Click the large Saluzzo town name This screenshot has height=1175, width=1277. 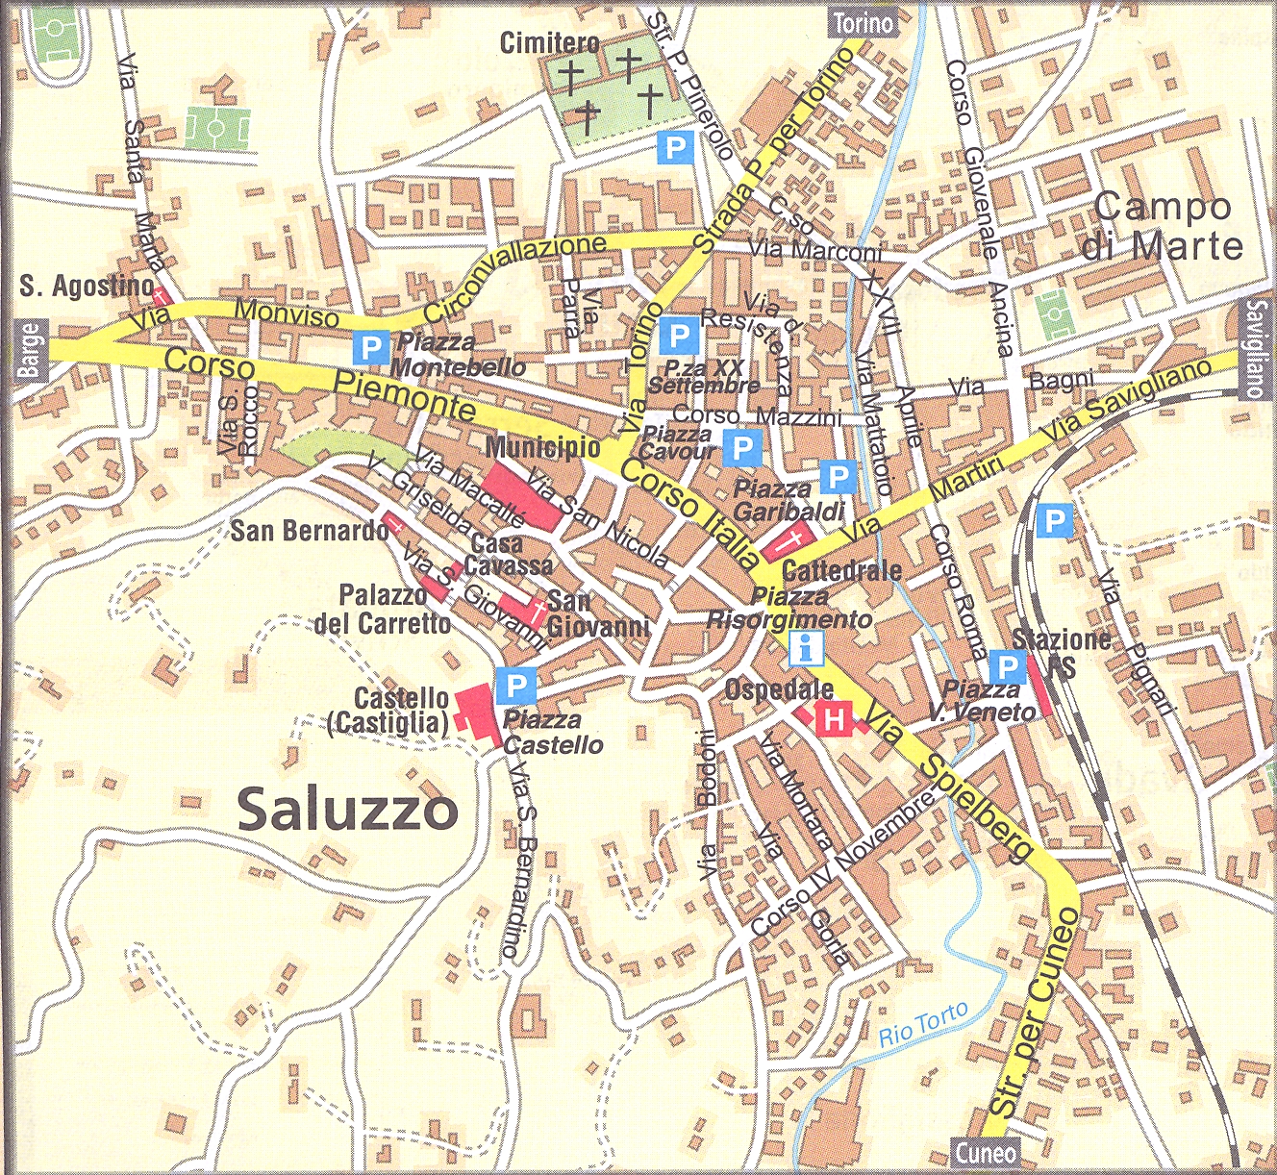(347, 810)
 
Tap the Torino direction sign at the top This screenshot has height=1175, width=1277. (863, 22)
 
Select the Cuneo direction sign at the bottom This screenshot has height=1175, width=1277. (987, 1151)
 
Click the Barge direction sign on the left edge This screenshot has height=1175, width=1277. (30, 352)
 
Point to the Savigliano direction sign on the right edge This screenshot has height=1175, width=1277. (1256, 349)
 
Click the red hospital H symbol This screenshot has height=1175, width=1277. (834, 717)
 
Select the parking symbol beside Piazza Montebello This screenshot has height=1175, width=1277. (370, 347)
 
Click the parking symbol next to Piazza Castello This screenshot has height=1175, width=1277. (516, 686)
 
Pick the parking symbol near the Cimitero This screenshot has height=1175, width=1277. (675, 147)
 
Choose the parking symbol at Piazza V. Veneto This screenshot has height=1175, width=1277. (1007, 666)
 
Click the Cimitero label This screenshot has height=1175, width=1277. (549, 42)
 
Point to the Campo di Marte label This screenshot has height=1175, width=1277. (1162, 226)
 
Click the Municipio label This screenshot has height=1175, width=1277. (542, 447)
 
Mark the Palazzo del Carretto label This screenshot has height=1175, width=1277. (383, 609)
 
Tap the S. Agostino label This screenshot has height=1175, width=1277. (87, 285)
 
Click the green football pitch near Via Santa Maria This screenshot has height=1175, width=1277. (218, 127)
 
